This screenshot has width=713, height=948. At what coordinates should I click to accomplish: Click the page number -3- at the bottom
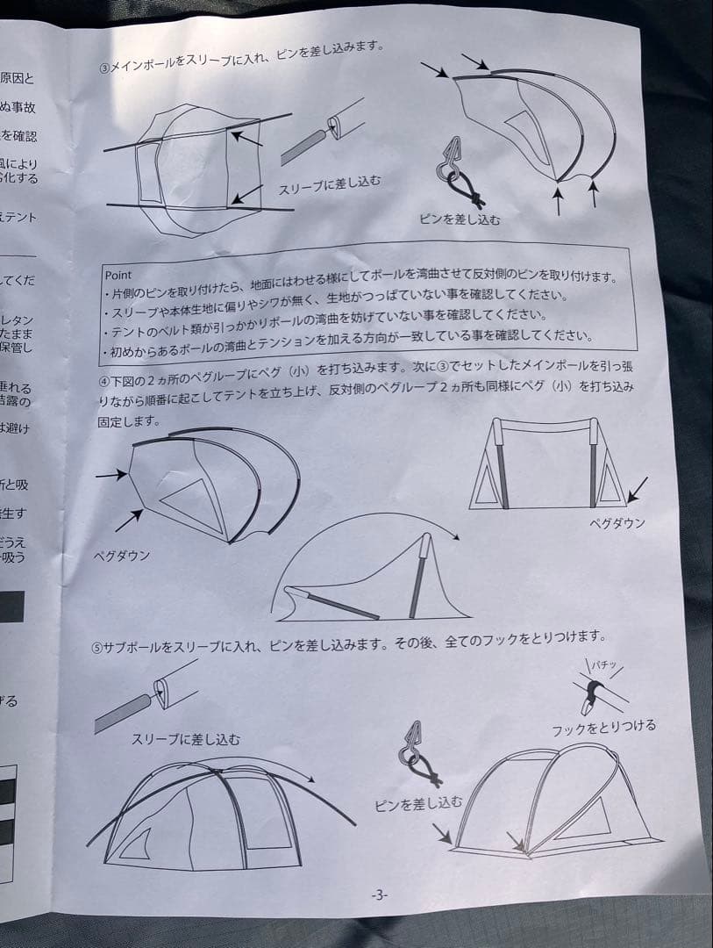(x=379, y=894)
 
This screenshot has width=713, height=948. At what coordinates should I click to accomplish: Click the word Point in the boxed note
(x=118, y=275)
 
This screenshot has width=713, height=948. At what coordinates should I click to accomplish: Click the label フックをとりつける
(x=603, y=728)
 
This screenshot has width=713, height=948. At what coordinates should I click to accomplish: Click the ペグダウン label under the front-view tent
(x=618, y=523)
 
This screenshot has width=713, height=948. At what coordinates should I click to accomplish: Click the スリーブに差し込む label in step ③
(x=330, y=185)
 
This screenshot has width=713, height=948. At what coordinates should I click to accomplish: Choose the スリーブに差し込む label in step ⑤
(x=185, y=739)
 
